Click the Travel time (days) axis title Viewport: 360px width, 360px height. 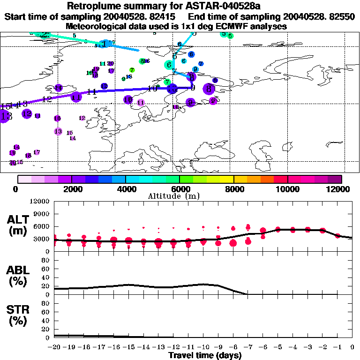[x=205, y=355]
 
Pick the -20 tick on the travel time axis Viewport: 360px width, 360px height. [x=54, y=347]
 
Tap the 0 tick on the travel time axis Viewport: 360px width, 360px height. [x=352, y=347]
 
